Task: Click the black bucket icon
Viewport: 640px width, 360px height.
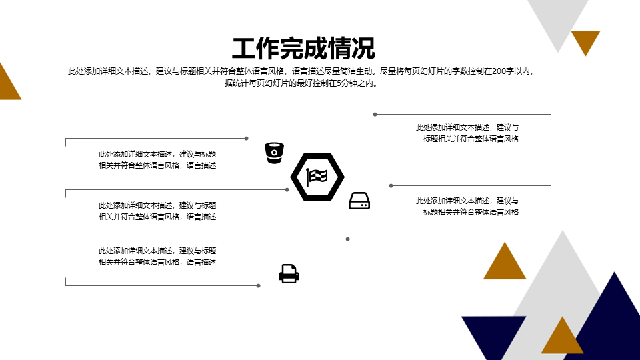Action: [x=274, y=153]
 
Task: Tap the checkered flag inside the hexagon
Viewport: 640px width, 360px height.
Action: [x=317, y=177]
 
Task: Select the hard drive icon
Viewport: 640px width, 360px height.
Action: [x=359, y=201]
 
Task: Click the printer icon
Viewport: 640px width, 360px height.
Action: [x=289, y=274]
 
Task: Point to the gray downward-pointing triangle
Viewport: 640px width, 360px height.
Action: [x=558, y=21]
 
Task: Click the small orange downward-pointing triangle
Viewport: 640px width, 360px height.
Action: [x=586, y=40]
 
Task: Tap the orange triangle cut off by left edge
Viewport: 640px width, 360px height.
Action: [x=8, y=84]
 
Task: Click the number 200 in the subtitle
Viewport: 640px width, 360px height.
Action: [x=499, y=71]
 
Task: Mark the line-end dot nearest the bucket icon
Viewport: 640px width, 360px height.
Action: [x=247, y=139]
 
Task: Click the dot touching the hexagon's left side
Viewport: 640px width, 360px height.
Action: [x=287, y=190]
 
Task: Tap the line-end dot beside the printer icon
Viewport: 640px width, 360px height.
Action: [x=259, y=286]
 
